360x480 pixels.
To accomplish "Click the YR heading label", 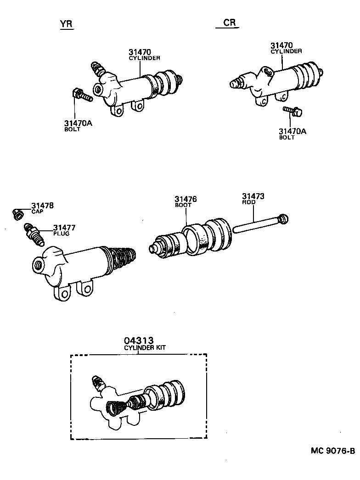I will (x=67, y=24).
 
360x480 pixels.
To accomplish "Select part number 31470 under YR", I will (x=140, y=52).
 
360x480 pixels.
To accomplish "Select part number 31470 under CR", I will (x=281, y=45).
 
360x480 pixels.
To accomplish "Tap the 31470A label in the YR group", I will (x=79, y=123).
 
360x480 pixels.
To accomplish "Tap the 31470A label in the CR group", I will (x=292, y=132).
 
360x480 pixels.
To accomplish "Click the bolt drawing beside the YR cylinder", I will (x=82, y=95).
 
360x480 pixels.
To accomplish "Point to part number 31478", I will (x=42, y=206).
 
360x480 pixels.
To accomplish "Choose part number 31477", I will (x=64, y=228).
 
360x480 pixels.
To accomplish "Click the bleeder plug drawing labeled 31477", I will (x=34, y=233).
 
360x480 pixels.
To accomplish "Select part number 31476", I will (x=186, y=199).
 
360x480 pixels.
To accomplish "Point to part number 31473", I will (x=253, y=196).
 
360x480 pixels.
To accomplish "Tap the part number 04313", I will (x=138, y=341).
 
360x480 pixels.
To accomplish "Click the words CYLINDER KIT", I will (x=145, y=348).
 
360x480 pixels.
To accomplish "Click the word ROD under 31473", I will (x=248, y=202).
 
